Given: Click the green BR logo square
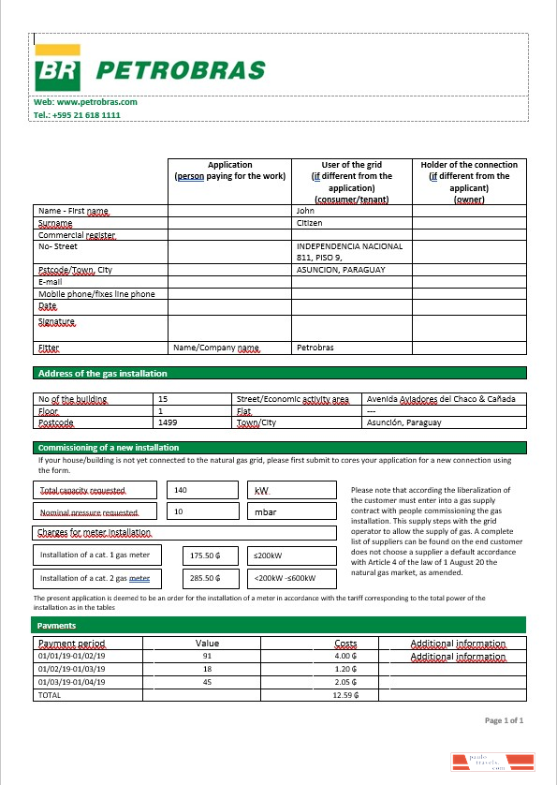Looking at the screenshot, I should pyautogui.click(x=57, y=69).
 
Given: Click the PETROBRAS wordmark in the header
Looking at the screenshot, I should pyautogui.click(x=181, y=70).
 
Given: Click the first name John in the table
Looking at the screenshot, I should pyautogui.click(x=305, y=212).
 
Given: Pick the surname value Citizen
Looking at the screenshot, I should pyautogui.click(x=310, y=224).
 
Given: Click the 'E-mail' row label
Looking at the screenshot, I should pyautogui.click(x=50, y=282).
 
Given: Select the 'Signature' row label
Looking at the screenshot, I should pyautogui.click(x=56, y=321).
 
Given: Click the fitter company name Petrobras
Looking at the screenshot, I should pyautogui.click(x=315, y=348).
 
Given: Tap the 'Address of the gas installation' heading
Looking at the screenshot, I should pyautogui.click(x=102, y=374).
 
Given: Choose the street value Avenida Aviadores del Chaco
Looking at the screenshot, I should pyautogui.click(x=440, y=399).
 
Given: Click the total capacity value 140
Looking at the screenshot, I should pyautogui.click(x=181, y=490).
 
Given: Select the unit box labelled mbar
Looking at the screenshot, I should pyautogui.click(x=265, y=512).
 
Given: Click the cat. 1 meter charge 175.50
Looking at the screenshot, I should pyautogui.click(x=204, y=555).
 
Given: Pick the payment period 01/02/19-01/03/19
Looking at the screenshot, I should pyautogui.click(x=71, y=670).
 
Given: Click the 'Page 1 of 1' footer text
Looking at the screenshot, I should pyautogui.click(x=504, y=720).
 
